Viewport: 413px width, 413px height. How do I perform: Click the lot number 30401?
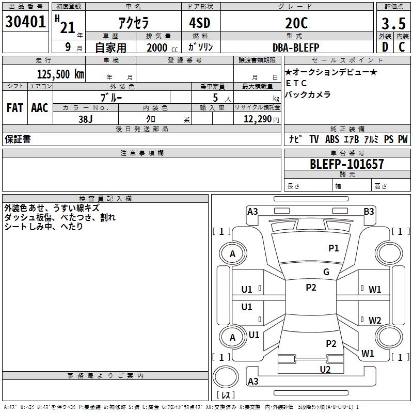[x=25, y=22]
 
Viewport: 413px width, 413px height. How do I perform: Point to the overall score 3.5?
[x=392, y=23]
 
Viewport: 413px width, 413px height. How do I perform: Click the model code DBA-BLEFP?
[x=296, y=47]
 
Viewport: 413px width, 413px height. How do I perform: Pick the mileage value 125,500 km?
[x=60, y=74]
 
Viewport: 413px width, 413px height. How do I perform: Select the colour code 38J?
[x=86, y=118]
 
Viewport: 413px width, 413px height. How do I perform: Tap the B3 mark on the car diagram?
[x=369, y=211]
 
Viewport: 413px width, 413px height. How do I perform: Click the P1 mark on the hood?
[x=334, y=248]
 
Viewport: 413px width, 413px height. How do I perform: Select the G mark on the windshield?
[x=326, y=272]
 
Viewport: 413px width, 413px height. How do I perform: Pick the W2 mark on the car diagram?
[x=375, y=320]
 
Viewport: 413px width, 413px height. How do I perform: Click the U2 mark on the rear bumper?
[x=325, y=369]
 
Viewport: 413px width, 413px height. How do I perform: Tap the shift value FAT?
[x=14, y=108]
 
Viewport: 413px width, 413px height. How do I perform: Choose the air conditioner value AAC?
[x=40, y=108]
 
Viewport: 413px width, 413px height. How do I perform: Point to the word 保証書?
[x=17, y=139]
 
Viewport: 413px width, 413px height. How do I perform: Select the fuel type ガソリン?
[x=201, y=47]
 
